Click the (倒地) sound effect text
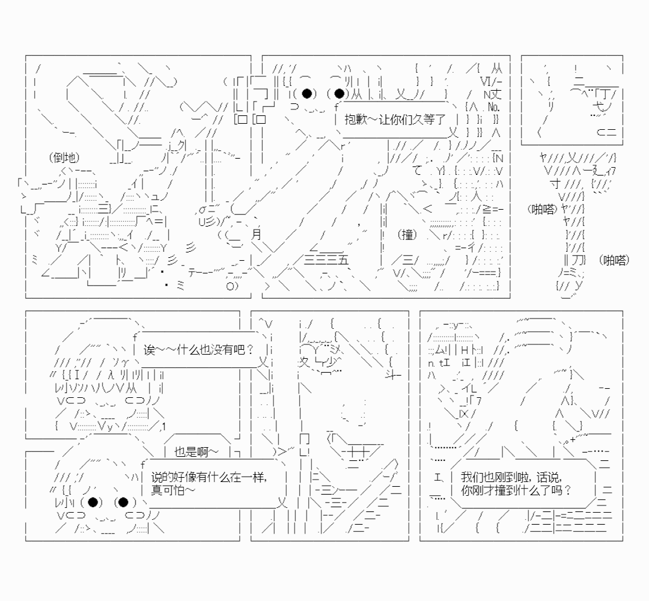64,157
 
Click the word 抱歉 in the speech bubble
356,120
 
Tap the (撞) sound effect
407,234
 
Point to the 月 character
256,234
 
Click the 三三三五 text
326,260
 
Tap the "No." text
493,107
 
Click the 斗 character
393,376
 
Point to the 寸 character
555,183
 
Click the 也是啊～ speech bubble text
196,452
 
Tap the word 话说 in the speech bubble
549,477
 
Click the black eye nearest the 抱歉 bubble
339,94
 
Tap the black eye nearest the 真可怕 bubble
123,502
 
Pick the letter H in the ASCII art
464,350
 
